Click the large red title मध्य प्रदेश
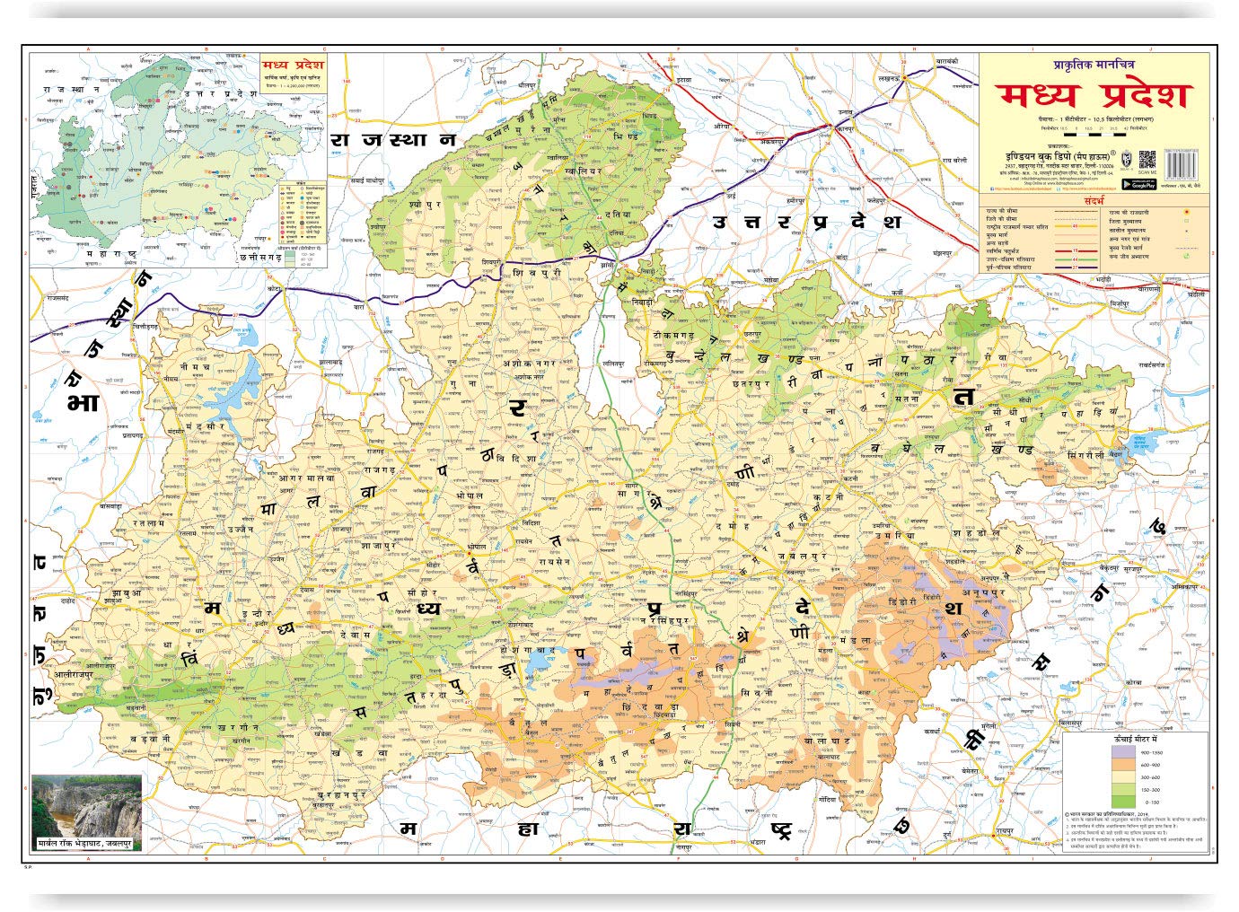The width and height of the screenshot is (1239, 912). coord(1093,94)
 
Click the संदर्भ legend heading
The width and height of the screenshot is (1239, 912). coord(1093,201)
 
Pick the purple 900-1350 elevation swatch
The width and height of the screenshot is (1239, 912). coord(1123,751)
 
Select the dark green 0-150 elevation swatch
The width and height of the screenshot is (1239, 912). coord(1123,802)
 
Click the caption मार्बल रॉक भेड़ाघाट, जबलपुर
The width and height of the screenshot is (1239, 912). coord(87,844)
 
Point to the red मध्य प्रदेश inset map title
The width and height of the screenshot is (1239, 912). coord(294,66)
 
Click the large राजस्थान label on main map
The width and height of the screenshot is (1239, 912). coord(393,139)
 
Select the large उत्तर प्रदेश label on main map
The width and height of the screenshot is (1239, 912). coord(806,221)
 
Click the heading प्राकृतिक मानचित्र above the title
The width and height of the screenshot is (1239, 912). coord(1094,64)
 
